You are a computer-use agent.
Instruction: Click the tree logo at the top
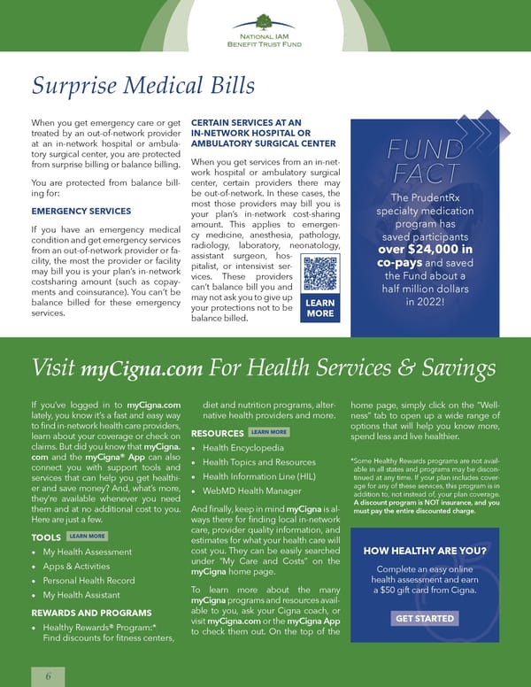point(263,22)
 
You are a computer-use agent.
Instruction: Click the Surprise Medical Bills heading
point(143,85)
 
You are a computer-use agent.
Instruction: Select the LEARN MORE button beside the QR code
point(319,307)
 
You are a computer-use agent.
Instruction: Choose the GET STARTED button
point(426,619)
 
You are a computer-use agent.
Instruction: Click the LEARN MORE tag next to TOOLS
point(87,536)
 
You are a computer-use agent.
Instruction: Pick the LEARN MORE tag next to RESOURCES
point(269,432)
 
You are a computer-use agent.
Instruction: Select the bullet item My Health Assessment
point(88,552)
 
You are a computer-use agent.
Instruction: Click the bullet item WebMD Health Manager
point(252,490)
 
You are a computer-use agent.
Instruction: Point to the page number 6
point(49,675)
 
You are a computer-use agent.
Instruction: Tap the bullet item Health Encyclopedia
point(243,448)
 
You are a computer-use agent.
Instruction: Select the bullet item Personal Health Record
point(88,580)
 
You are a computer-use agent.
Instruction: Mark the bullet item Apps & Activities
point(76,566)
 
